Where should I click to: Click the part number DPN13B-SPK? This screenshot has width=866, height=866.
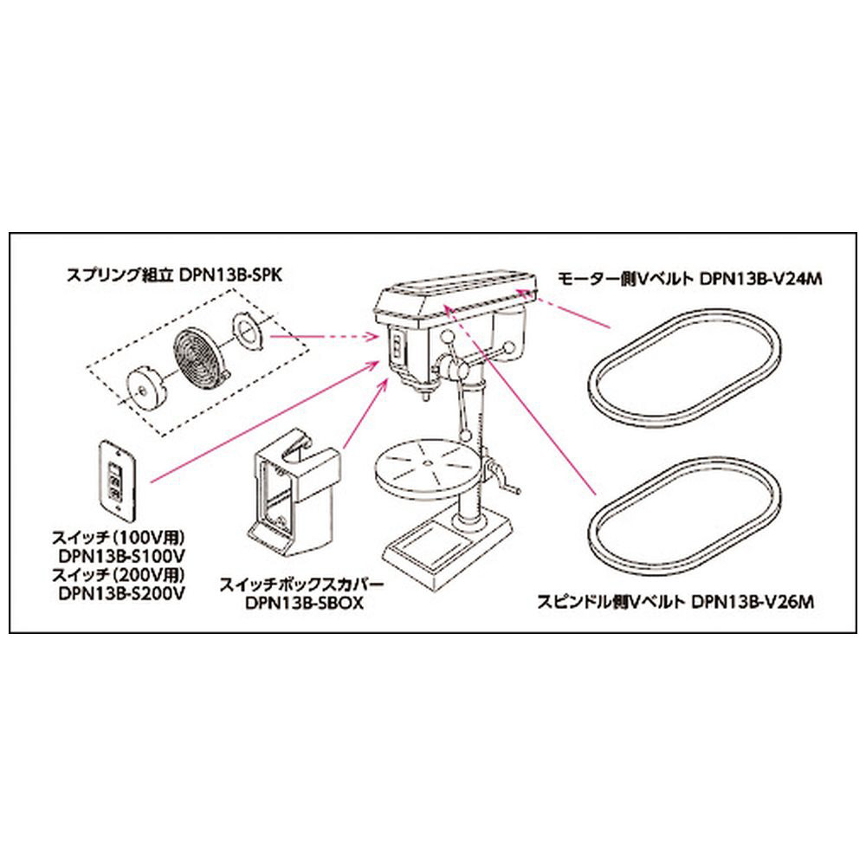coord(230,275)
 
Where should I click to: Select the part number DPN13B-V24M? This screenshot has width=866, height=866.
coord(761,279)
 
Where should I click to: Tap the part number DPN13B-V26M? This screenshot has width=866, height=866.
coord(753,602)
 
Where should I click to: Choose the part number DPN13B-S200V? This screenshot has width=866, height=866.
coord(121,593)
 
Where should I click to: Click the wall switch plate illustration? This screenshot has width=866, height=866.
coord(118,480)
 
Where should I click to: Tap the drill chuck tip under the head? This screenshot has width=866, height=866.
coord(424,394)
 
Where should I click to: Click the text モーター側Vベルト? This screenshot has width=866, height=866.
coord(625,279)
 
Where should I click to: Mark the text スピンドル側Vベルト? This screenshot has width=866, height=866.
coord(611,602)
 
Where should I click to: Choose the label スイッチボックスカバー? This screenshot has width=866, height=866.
coord(301,585)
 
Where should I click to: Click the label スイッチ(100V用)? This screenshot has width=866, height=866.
coord(118,537)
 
